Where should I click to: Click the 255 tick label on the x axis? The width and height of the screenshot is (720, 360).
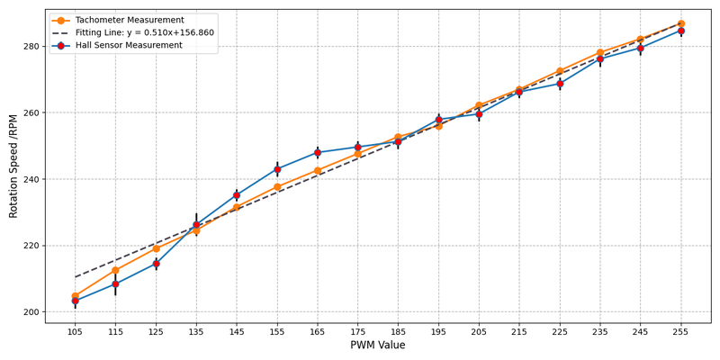point(680,332)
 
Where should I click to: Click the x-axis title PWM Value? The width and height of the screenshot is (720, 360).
point(377,346)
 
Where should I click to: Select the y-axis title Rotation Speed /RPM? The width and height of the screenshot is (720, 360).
point(13,166)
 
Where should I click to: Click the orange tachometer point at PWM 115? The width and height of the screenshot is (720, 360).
point(115,270)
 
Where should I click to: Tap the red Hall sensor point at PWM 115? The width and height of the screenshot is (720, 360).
point(115,284)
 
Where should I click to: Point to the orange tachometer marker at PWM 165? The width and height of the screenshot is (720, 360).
point(318,170)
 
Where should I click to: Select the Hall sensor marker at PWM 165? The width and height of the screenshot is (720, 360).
point(318,153)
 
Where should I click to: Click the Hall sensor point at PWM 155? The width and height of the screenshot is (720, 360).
point(277,169)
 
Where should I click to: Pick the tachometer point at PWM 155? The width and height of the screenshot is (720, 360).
point(277,187)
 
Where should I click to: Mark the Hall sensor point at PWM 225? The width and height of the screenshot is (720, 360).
point(560,84)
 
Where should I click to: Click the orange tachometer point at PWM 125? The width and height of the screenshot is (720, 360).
point(156,248)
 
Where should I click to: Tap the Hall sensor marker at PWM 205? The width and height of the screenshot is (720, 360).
point(479,114)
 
